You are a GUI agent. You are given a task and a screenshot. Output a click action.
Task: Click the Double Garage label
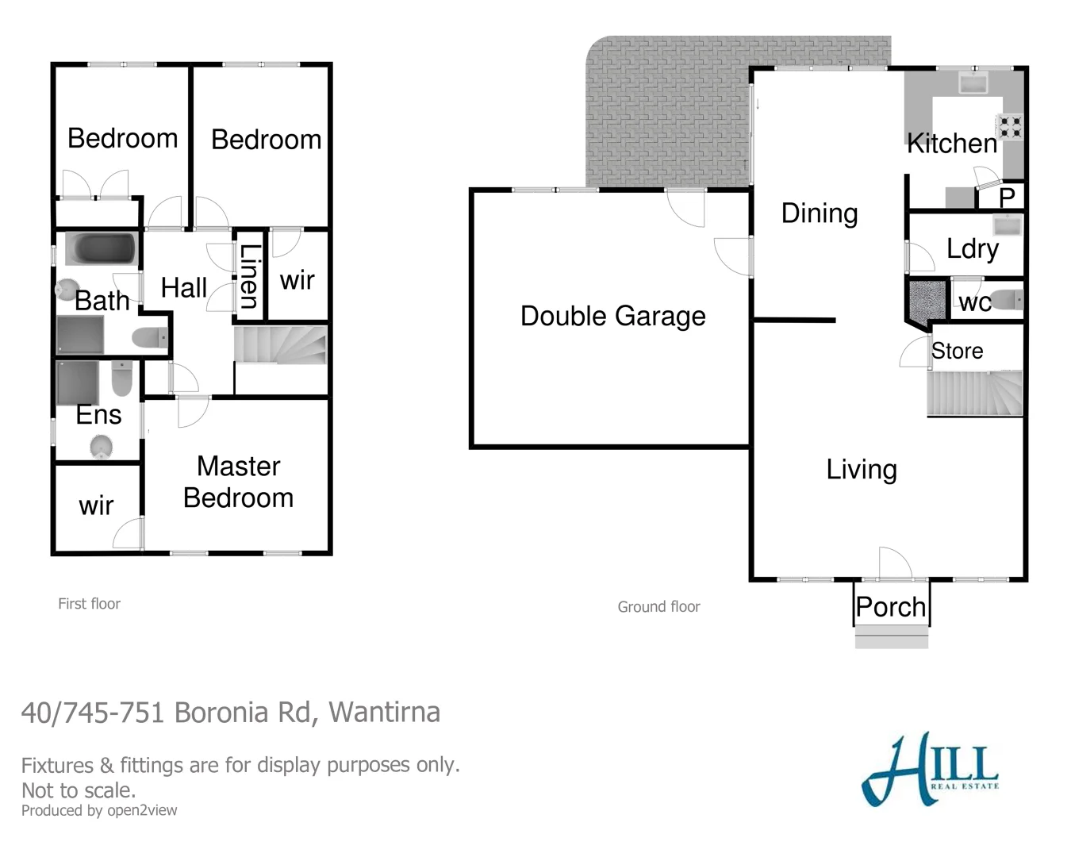click(x=612, y=316)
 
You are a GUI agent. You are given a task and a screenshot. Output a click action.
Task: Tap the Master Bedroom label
click(x=238, y=482)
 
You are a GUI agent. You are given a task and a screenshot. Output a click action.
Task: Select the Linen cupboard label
click(x=249, y=276)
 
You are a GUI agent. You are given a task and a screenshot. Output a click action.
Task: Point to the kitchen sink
click(x=972, y=82)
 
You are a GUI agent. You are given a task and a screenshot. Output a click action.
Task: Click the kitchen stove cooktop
click(x=1011, y=126)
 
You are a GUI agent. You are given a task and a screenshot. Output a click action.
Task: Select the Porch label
click(x=891, y=607)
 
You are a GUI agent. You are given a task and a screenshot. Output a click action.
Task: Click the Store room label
click(x=957, y=351)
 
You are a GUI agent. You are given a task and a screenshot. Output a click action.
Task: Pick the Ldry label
click(x=972, y=249)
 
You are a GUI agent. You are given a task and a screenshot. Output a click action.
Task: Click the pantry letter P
click(x=1008, y=198)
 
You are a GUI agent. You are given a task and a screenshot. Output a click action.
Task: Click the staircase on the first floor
click(x=281, y=346)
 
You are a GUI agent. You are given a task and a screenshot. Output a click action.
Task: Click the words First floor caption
click(x=89, y=604)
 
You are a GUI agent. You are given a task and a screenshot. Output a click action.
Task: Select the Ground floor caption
click(x=658, y=607)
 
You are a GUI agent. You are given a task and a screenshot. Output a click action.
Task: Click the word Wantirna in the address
click(x=384, y=712)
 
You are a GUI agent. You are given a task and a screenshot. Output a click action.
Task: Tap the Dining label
click(x=820, y=213)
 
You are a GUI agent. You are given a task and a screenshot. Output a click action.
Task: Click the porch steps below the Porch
click(x=892, y=637)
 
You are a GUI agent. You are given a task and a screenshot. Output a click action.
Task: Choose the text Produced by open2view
click(x=99, y=810)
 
